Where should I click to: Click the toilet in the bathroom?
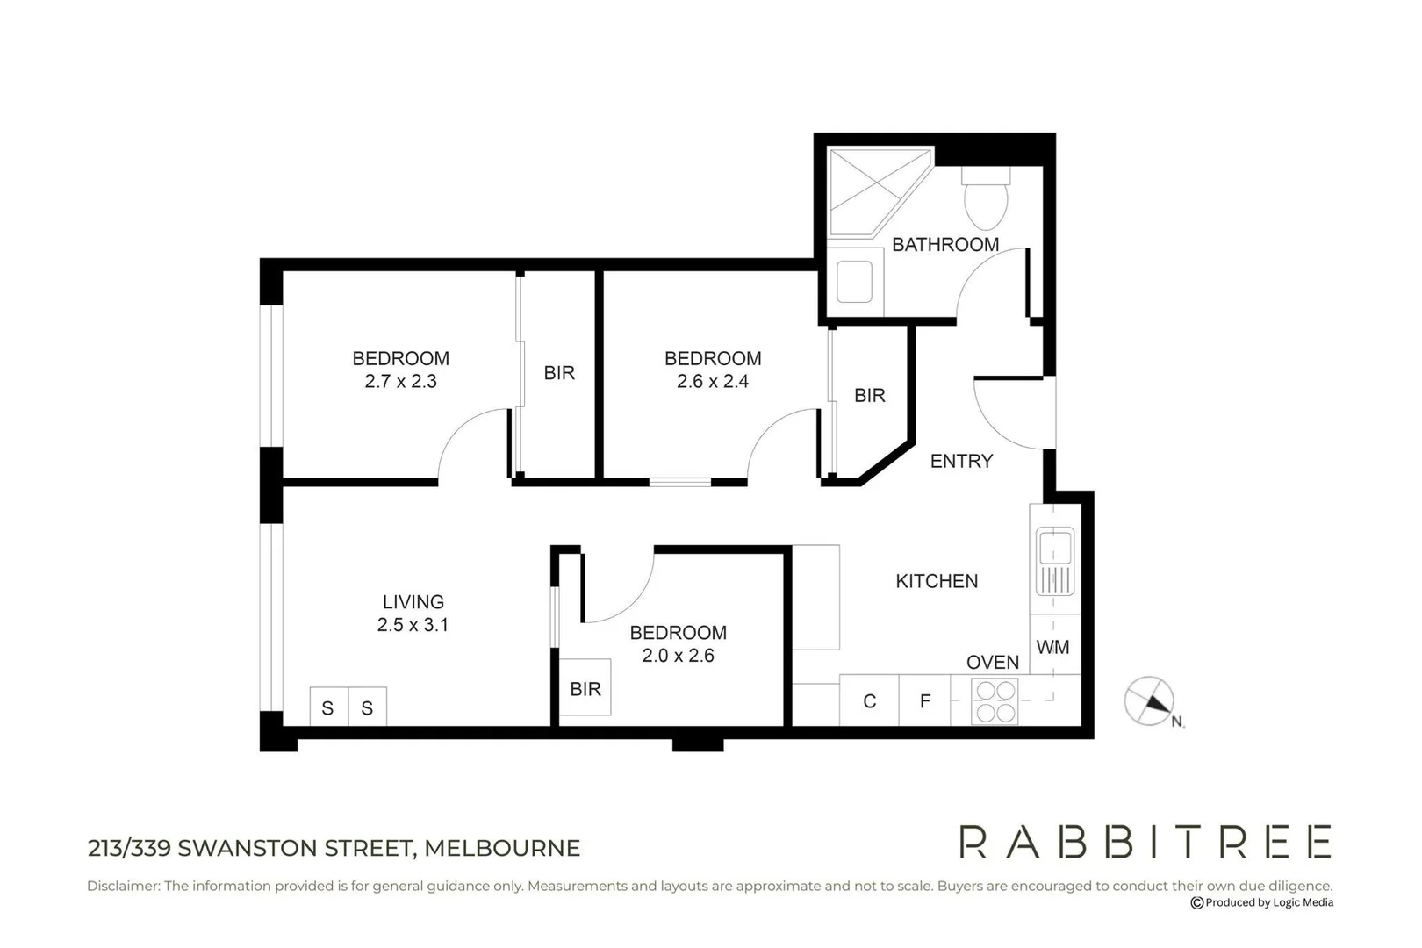point(986,199)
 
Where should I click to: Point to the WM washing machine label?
point(1052,648)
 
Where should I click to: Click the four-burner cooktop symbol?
point(995,701)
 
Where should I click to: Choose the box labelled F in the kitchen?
point(924,701)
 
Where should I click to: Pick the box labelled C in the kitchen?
point(869,701)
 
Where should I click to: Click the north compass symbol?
point(1150,701)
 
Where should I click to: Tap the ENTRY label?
point(961,462)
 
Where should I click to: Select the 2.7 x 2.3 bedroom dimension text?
point(400,382)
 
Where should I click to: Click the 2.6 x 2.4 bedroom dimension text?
point(712,382)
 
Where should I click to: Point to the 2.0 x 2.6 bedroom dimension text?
point(678,656)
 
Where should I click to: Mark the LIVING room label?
point(413,602)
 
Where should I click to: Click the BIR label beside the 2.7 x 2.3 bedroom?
point(559,374)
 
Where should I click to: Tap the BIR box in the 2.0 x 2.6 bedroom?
point(585,689)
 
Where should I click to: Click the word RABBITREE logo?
point(1145,842)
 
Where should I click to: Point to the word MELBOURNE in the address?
point(502,849)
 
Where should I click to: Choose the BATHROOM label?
point(945,245)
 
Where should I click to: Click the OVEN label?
point(993,663)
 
